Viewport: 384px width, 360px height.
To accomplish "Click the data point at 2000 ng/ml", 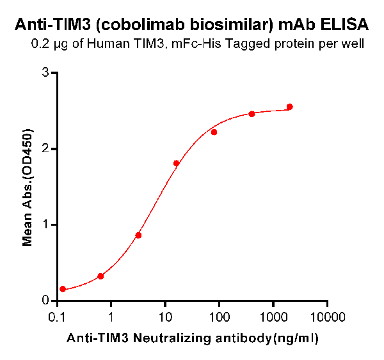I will pyautogui.click(x=289, y=107).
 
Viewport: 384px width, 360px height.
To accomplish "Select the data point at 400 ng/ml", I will pyautogui.click(x=252, y=114).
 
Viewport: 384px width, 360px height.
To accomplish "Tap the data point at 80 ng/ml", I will pyautogui.click(x=214, y=132).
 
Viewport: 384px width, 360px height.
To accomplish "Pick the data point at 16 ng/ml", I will pyautogui.click(x=176, y=164).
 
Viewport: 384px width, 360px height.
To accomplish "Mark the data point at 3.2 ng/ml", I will pyautogui.click(x=138, y=235).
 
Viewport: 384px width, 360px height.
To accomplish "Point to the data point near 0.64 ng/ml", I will pyautogui.click(x=100, y=276).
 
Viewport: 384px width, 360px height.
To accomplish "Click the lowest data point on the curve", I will pyautogui.click(x=63, y=289).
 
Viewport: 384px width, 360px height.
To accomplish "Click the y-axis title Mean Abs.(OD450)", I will pyautogui.click(x=28, y=186).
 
